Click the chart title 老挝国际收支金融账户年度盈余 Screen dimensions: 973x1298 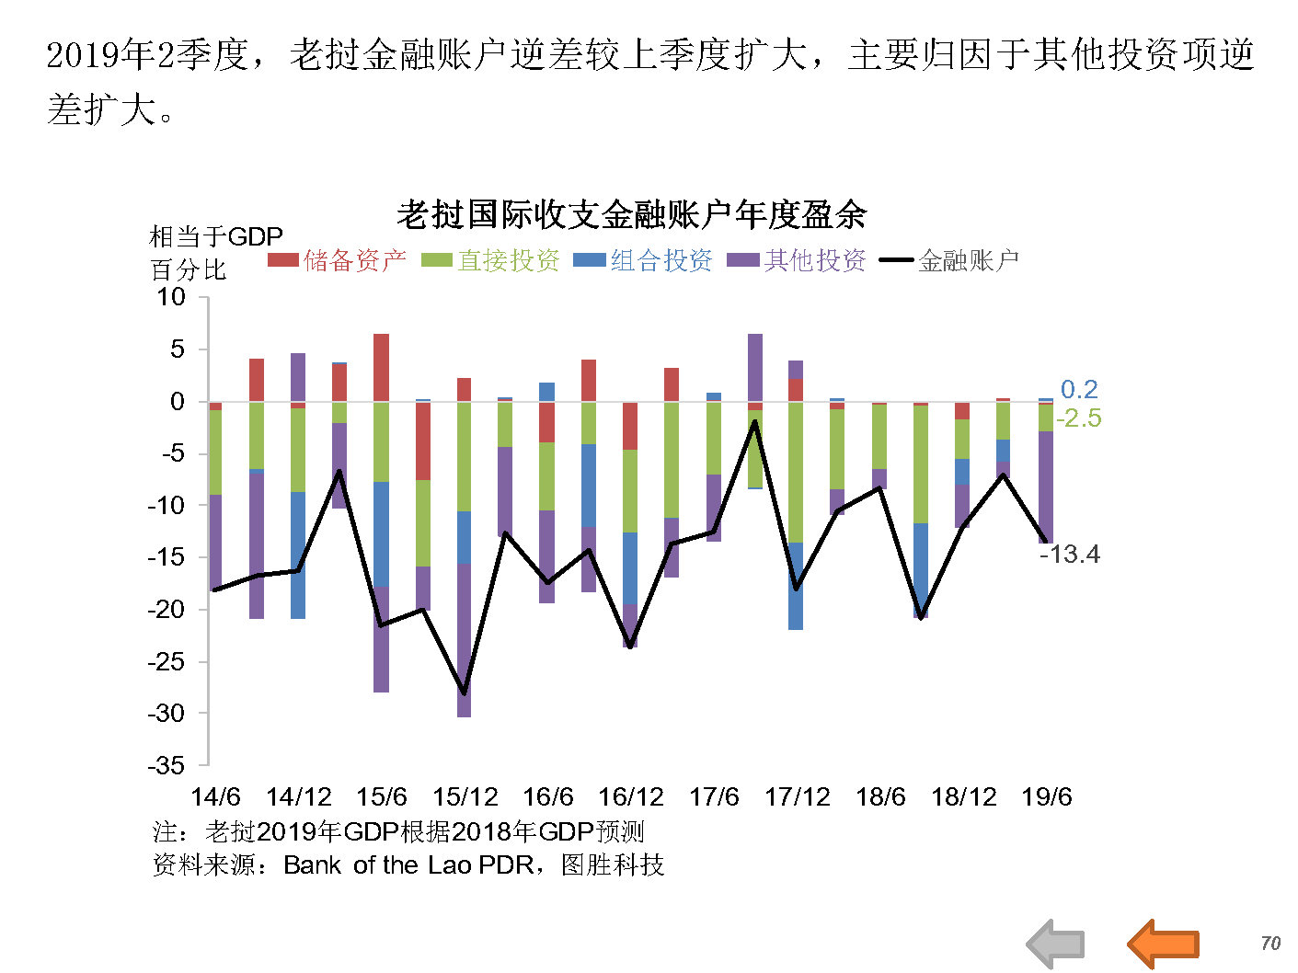[x=631, y=215]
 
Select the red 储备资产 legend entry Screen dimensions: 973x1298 [x=338, y=260]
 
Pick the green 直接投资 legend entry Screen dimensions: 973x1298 [x=491, y=260]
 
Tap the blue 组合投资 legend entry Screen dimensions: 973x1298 [x=644, y=260]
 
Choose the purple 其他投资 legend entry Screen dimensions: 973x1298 [x=798, y=260]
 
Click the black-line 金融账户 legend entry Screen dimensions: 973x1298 [x=950, y=260]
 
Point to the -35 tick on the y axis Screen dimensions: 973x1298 [x=167, y=765]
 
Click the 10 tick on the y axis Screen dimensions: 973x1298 [x=171, y=297]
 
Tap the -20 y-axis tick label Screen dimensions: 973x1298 [x=167, y=609]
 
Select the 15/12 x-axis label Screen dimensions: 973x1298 [x=465, y=796]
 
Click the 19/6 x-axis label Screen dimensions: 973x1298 [x=1047, y=796]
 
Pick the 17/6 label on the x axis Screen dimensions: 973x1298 [x=714, y=796]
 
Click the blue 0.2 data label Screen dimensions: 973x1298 [x=1079, y=389]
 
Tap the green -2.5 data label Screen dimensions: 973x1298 [x=1078, y=418]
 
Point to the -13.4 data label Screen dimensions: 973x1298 [x=1070, y=554]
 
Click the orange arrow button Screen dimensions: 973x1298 [x=1164, y=944]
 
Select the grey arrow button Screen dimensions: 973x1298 [x=1055, y=944]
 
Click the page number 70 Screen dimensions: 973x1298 [x=1270, y=943]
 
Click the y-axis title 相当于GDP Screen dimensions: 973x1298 [x=216, y=237]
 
